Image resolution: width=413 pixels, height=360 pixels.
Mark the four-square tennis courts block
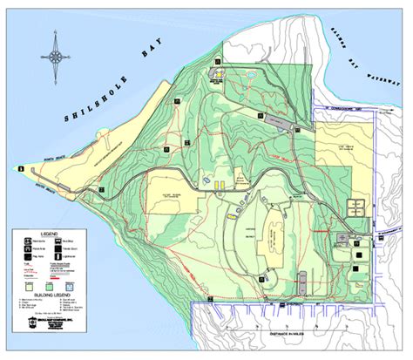[x=356, y=207]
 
